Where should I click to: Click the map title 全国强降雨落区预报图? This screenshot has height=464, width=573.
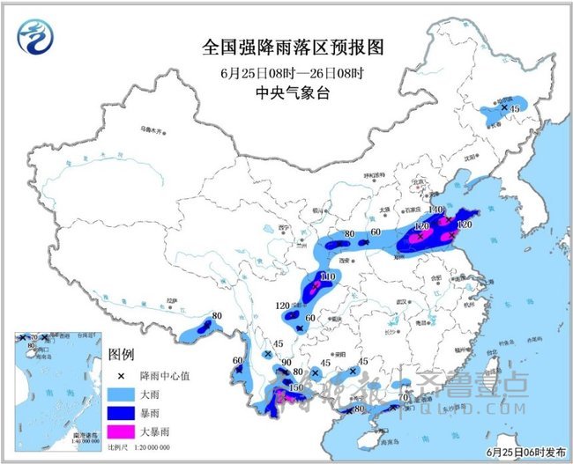click(x=279, y=45)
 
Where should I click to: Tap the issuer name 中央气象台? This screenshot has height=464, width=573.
click(x=279, y=92)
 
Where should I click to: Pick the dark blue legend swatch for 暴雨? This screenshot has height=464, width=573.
click(x=121, y=411)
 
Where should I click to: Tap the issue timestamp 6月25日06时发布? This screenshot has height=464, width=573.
click(x=525, y=452)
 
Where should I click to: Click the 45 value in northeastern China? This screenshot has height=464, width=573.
click(x=517, y=109)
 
